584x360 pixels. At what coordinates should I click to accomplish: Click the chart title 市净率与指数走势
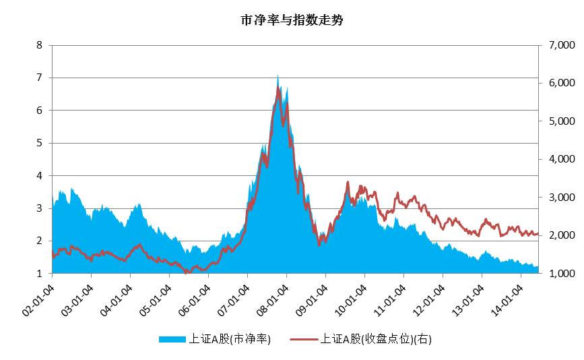292,20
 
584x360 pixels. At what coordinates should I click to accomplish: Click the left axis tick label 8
39,45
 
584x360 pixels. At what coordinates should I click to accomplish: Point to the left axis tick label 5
39,143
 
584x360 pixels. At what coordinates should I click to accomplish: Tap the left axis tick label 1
39,273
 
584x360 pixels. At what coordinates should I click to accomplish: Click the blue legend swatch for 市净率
170,339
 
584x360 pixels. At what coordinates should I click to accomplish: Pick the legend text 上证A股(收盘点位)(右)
376,339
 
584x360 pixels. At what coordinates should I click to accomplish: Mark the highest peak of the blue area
278,75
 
